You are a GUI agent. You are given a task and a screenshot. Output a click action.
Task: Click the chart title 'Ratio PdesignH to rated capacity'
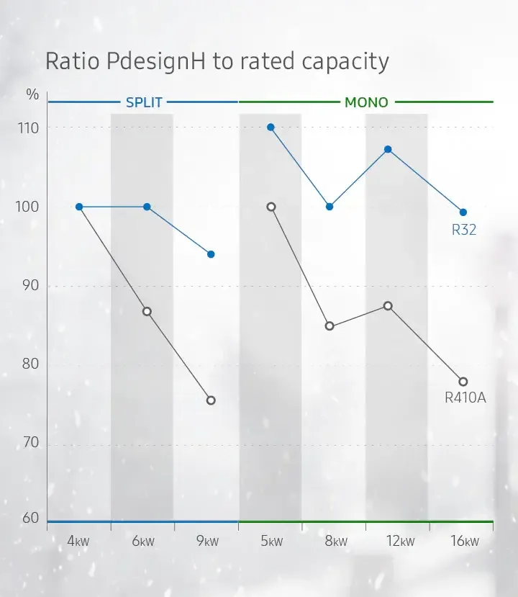pos(217,61)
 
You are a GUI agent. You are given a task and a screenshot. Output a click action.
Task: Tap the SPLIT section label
pos(144,102)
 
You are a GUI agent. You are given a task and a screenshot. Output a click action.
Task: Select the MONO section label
pos(366,102)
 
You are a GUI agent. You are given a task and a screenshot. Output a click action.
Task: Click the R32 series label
pos(464,230)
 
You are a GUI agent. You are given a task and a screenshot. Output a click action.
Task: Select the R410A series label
pos(465,397)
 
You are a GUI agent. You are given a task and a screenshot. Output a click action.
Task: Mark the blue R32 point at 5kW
pos(271,127)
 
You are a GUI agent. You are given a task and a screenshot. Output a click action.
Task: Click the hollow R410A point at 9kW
pos(211,400)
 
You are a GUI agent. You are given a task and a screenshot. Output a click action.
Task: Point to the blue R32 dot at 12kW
pos(388,149)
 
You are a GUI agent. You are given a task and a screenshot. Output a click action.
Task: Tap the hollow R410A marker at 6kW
pos(147,312)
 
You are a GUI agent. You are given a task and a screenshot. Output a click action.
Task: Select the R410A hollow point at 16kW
pos(463,382)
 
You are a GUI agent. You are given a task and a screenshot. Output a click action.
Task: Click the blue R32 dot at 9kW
pos(211,254)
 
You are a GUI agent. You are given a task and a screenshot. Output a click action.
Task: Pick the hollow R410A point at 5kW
pos(271,207)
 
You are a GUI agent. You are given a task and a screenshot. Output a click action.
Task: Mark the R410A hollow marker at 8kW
pos(330,326)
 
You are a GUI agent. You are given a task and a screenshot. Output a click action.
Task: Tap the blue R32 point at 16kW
pos(463,212)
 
